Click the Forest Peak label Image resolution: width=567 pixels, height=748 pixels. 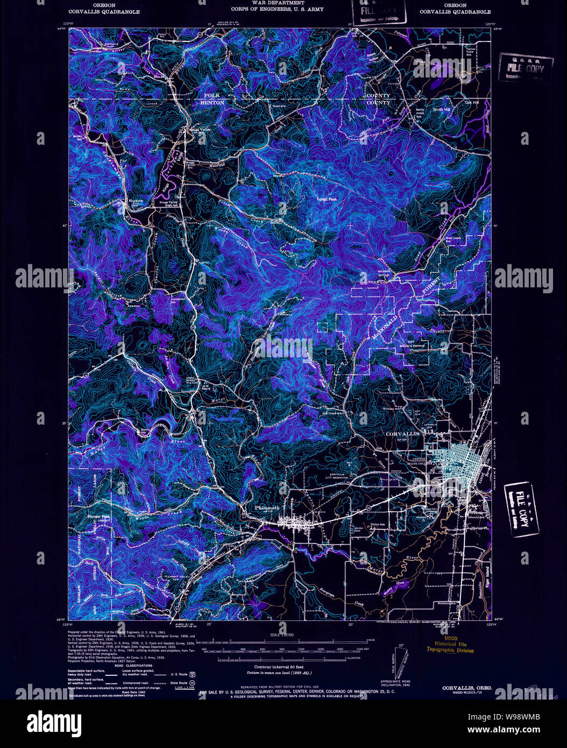[x=327, y=200]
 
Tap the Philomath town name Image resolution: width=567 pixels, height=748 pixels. [x=267, y=507]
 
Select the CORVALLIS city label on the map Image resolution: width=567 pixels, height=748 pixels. [x=402, y=433]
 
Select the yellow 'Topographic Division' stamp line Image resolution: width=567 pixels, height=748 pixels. [x=451, y=650]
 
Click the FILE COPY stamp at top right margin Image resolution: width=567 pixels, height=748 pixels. [x=525, y=67]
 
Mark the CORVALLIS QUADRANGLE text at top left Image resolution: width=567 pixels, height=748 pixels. [x=104, y=11]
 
